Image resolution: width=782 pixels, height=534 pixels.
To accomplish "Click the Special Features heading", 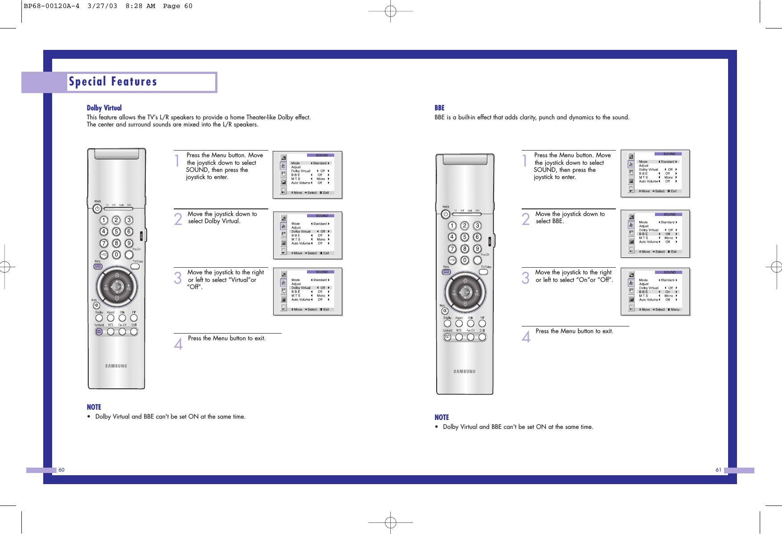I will click(x=113, y=82).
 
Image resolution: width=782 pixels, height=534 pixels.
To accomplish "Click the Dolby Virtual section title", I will click(x=104, y=108).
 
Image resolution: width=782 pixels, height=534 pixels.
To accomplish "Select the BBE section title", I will click(x=439, y=108).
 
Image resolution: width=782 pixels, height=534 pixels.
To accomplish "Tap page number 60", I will click(x=61, y=470).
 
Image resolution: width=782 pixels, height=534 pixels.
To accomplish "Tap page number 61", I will click(x=718, y=470).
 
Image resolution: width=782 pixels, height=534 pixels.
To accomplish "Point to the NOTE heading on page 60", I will click(x=94, y=407).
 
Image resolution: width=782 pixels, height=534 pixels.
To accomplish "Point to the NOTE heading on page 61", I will click(x=442, y=417).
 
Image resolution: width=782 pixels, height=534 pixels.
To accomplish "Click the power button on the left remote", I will click(x=97, y=208).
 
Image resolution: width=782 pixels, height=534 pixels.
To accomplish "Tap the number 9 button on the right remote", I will click(x=477, y=249).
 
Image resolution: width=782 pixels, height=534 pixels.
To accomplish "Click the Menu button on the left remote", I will click(x=98, y=266).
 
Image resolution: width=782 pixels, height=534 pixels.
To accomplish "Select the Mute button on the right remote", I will click(x=445, y=311).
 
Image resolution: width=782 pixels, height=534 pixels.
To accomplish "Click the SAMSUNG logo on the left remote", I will click(x=116, y=366).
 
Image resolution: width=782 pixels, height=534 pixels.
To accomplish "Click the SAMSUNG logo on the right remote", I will click(x=464, y=371).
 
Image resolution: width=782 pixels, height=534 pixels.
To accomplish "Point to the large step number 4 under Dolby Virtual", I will click(x=178, y=344).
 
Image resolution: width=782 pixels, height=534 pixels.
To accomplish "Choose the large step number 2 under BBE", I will click(x=526, y=219).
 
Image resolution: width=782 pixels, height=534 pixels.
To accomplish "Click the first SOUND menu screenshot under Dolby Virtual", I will click(x=307, y=175).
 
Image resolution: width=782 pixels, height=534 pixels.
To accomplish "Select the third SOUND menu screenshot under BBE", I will click(x=655, y=291).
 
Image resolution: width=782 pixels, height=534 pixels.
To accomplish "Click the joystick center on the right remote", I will click(x=465, y=292).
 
